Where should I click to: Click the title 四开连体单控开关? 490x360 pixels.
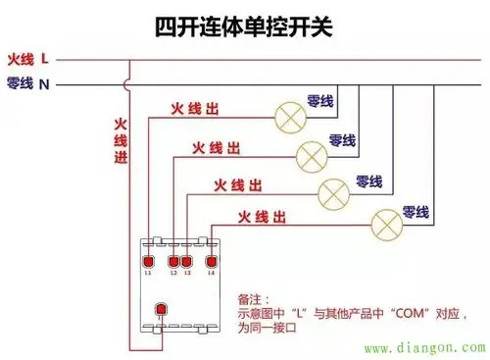click(244, 25)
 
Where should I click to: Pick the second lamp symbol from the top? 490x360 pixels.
click(311, 154)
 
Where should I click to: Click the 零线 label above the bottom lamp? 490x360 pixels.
click(416, 212)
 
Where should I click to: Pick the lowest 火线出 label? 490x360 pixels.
click(266, 216)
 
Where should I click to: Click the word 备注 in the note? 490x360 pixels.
click(252, 298)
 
